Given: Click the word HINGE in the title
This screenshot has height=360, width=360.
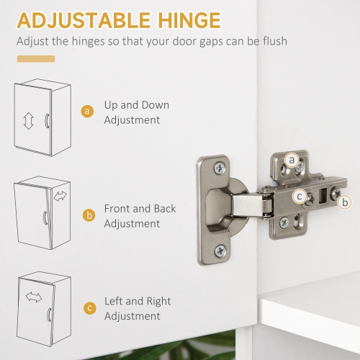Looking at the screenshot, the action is (x=189, y=20).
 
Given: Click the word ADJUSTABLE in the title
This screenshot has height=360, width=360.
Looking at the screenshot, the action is (x=84, y=20).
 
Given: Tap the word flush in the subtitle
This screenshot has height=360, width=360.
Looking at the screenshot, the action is (x=275, y=41).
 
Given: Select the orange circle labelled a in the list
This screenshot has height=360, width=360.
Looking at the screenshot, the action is (x=87, y=111).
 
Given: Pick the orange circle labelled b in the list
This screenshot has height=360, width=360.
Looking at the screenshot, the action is (x=89, y=215).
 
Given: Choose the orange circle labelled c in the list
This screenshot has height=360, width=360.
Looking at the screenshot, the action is (x=90, y=308).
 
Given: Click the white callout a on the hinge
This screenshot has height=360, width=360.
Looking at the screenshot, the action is (x=292, y=160).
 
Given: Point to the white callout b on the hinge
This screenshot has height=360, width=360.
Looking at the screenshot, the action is (x=345, y=202).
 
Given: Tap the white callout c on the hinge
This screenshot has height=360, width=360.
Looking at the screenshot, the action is (x=300, y=197).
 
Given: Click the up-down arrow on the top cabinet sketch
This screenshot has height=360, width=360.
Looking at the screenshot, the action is (x=29, y=121).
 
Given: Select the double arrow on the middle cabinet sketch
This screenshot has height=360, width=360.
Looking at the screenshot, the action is (x=60, y=196).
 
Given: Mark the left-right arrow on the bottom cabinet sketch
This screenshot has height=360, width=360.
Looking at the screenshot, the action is (x=34, y=297).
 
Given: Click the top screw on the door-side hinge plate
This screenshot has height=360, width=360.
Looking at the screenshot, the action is (x=220, y=168).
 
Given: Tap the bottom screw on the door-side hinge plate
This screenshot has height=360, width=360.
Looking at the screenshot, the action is (x=220, y=251).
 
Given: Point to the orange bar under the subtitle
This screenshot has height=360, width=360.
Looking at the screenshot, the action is (x=36, y=59).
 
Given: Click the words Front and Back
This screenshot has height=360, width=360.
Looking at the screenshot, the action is (x=140, y=209).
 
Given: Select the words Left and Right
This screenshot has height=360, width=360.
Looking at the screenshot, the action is (x=138, y=302).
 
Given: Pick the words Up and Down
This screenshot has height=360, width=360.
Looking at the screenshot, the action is (x=137, y=105).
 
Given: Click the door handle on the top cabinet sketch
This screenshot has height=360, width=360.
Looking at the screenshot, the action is (x=47, y=121).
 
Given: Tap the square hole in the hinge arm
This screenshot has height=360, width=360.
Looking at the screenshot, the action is (x=323, y=195).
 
